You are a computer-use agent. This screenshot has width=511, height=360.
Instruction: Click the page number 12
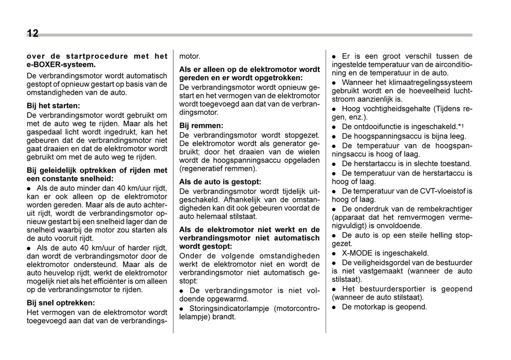33,33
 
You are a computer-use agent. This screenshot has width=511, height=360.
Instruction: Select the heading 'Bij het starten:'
53,106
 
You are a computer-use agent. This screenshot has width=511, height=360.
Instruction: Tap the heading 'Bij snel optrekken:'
61,303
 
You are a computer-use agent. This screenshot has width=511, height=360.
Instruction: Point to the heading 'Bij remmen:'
201,126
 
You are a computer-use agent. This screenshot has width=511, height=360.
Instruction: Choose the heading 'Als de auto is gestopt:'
220,182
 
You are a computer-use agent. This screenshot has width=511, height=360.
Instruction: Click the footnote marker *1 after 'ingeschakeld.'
461,126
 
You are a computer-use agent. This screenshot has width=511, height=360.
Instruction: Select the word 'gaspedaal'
43,132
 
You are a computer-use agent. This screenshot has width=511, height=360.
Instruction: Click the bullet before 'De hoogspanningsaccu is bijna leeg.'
334,137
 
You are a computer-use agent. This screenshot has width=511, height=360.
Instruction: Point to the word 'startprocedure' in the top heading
97,56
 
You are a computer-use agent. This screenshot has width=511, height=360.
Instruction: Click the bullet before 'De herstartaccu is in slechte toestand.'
334,164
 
